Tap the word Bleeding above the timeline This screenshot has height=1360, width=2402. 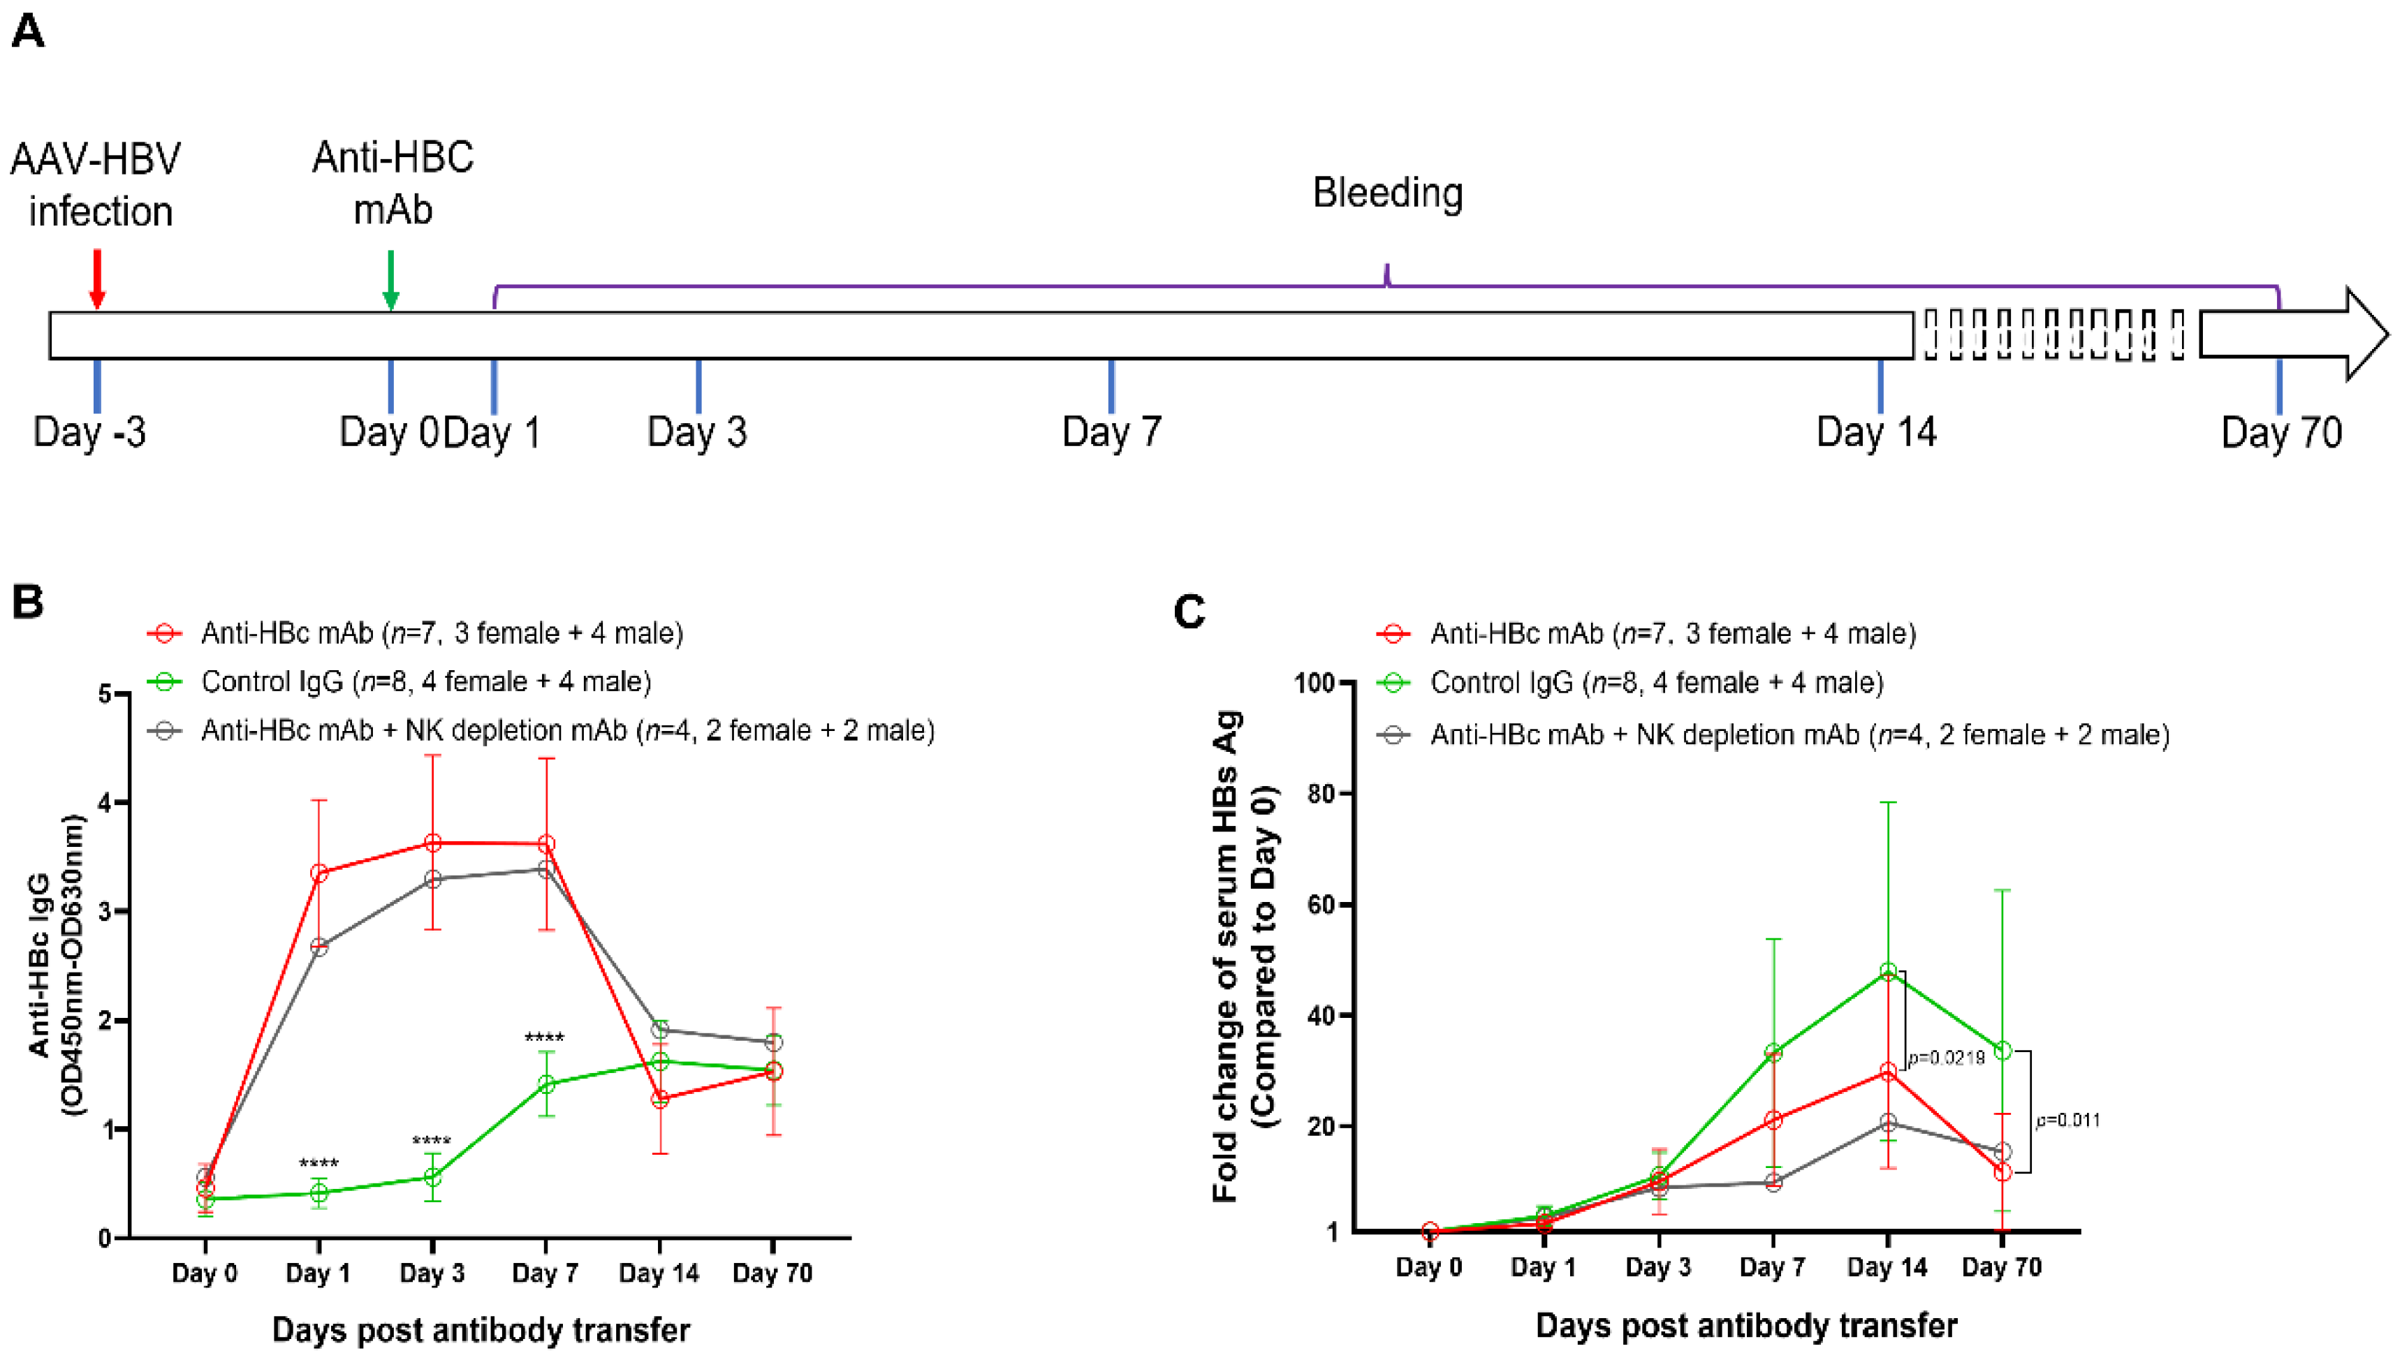tap(1387, 193)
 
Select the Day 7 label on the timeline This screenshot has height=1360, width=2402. tap(1112, 432)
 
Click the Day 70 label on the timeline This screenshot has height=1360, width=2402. tap(2280, 432)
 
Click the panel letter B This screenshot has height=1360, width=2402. tap(27, 602)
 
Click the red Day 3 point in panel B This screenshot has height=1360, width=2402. tap(432, 843)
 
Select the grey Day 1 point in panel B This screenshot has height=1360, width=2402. tap(318, 947)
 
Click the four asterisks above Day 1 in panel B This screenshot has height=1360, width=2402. tap(318, 1164)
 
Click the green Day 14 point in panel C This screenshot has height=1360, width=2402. tap(1887, 971)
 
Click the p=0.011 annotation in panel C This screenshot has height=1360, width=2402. tap(2067, 1120)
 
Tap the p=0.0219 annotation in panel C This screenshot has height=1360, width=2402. tap(1946, 1058)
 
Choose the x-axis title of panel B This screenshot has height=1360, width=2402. tap(481, 1329)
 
